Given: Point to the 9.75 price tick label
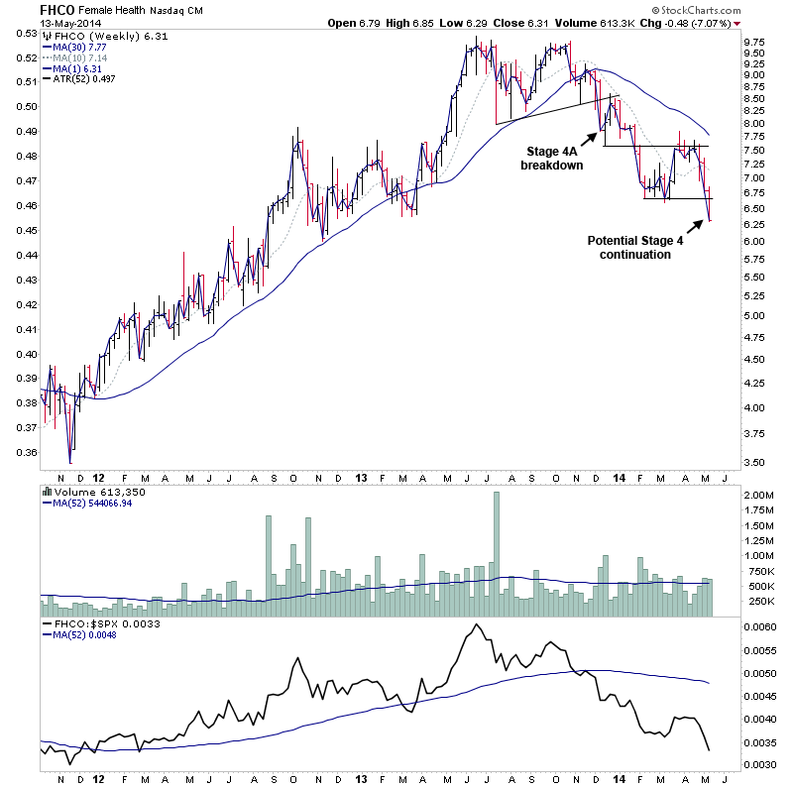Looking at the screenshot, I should pos(754,42).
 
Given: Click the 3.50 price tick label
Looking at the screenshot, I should pos(754,463).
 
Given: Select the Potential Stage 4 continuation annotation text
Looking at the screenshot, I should pos(635,248).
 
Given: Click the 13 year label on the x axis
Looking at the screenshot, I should pos(361,476).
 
